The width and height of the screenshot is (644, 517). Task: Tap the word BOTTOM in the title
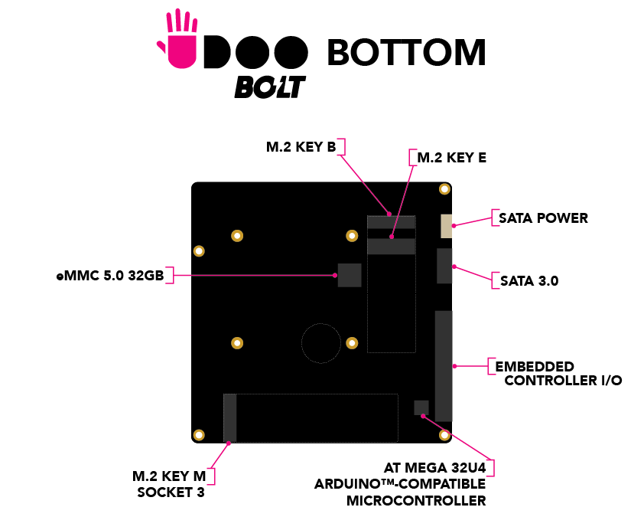click(x=406, y=52)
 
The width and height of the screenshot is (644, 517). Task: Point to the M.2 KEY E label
click(x=451, y=159)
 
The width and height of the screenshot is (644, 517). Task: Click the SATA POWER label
click(x=543, y=218)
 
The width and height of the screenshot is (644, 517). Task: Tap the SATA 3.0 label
click(x=529, y=281)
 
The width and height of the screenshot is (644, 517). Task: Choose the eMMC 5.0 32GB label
click(x=109, y=276)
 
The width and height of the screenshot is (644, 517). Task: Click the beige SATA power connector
click(x=446, y=226)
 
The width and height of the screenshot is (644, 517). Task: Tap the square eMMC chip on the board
click(x=350, y=275)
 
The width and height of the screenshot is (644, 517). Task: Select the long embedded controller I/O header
click(x=444, y=365)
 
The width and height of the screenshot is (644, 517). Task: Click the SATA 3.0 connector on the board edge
click(x=444, y=266)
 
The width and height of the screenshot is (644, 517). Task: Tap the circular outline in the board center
click(x=321, y=342)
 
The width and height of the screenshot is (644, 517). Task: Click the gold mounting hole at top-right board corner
click(x=444, y=190)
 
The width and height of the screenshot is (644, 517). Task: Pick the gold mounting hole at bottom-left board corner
click(x=199, y=435)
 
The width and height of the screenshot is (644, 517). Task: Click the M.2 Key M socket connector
click(x=229, y=417)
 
